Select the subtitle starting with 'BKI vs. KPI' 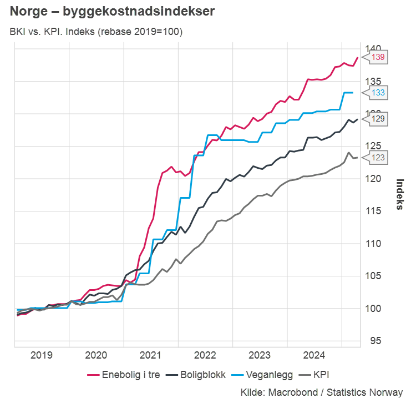point(96,32)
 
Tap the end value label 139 point(378,57)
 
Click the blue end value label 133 point(378,93)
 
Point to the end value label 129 point(378,118)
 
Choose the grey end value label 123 point(378,158)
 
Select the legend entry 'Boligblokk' point(197,375)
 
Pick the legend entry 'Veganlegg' point(265,375)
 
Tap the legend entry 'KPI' point(320,375)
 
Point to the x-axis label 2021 point(151,355)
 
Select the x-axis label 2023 point(261,355)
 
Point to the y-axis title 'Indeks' point(399,194)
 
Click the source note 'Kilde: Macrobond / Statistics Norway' point(322,392)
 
